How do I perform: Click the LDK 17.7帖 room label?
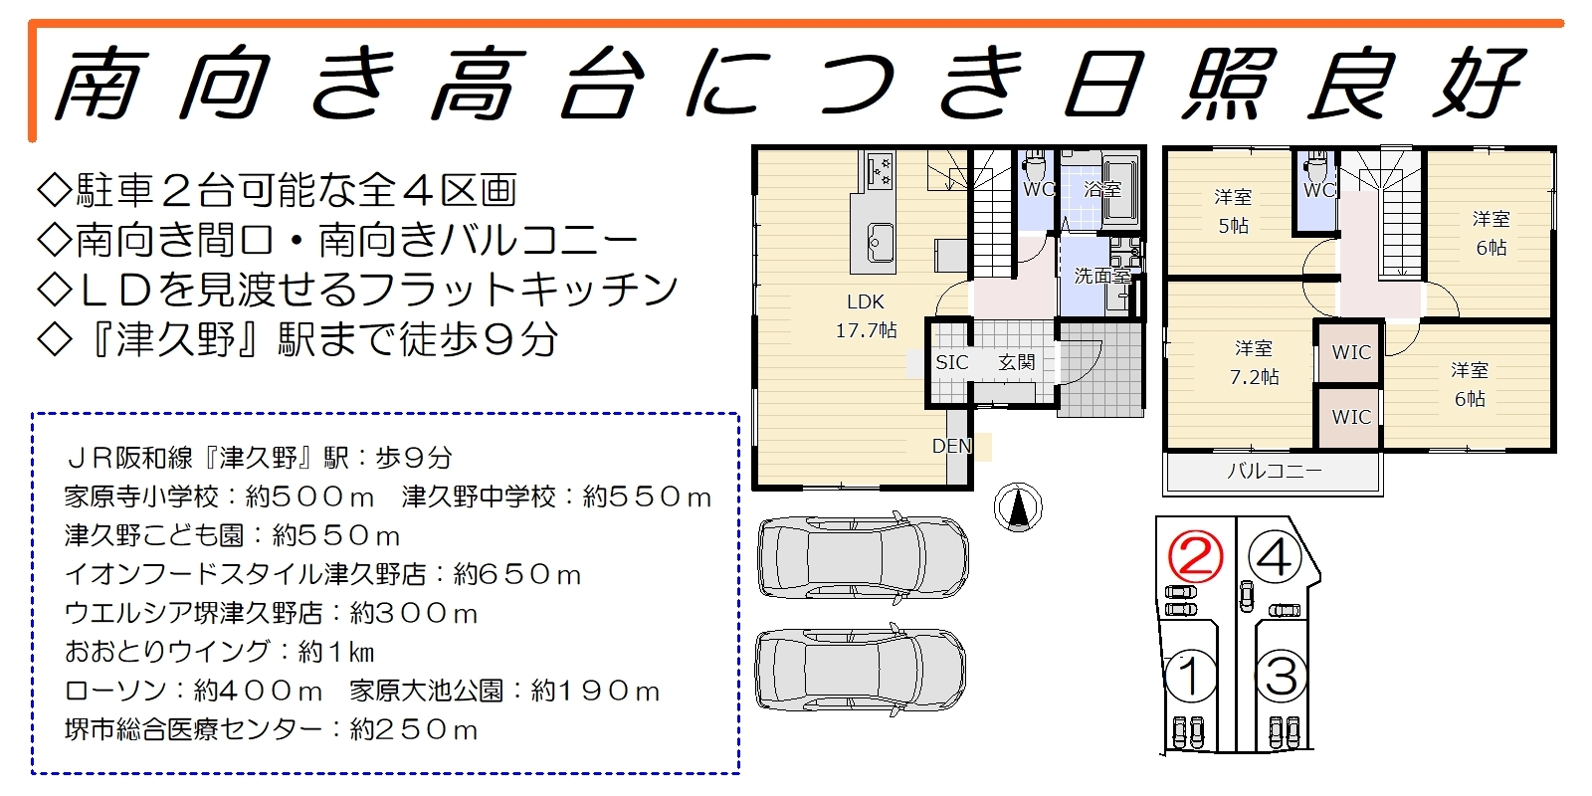[866, 316]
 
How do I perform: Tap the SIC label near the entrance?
[951, 362]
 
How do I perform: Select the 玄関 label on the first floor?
[1016, 362]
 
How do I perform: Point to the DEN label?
[951, 446]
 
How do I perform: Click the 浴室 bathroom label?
[1102, 189]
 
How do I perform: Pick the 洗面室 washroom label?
[1102, 275]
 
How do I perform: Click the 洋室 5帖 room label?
[1233, 211]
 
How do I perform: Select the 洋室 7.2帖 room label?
[1255, 362]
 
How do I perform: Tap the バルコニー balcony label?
[1275, 471]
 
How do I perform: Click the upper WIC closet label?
[1351, 352]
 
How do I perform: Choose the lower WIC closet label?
[1351, 417]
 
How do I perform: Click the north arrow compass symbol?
[1018, 507]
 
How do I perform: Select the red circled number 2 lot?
[1196, 557]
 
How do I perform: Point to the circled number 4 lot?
[1275, 557]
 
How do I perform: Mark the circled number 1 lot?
[1191, 676]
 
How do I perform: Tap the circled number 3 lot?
[1282, 676]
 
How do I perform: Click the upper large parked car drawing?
[863, 557]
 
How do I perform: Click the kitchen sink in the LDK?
[881, 243]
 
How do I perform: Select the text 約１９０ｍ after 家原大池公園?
[596, 691]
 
